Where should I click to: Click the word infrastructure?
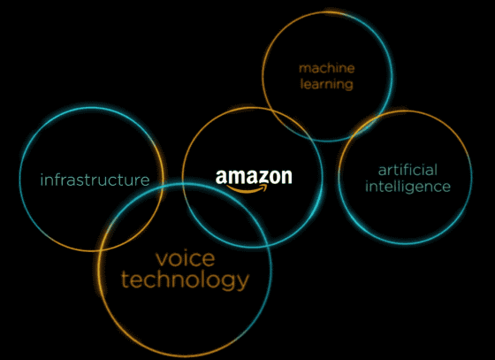95,180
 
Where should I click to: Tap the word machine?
327,68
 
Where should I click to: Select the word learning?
326,84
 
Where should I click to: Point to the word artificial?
407,170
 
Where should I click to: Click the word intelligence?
407,187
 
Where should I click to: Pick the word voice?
186,258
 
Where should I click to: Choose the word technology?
186,280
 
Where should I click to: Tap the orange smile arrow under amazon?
247,188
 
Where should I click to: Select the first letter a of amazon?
221,178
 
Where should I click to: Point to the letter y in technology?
242,282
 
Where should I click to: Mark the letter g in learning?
348,86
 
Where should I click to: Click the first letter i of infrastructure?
42,180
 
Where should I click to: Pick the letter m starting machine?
305,69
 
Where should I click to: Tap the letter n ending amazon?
286,178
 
